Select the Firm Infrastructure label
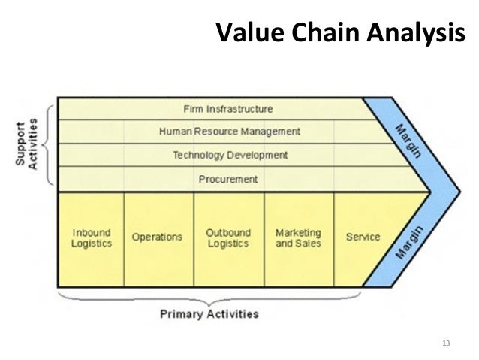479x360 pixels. click(x=227, y=109)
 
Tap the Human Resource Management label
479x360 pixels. click(x=229, y=132)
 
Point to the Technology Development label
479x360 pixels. click(x=230, y=156)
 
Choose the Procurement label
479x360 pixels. click(x=228, y=180)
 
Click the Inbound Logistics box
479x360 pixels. click(x=92, y=238)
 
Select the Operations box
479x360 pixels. click(x=157, y=237)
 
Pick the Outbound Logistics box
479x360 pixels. click(x=228, y=238)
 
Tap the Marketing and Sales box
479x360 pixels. click(x=298, y=238)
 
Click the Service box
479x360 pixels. click(x=363, y=237)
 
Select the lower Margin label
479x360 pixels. click(x=408, y=241)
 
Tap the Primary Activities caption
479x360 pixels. click(x=209, y=313)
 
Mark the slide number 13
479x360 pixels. click(x=447, y=344)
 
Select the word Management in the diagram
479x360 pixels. click(x=270, y=132)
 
